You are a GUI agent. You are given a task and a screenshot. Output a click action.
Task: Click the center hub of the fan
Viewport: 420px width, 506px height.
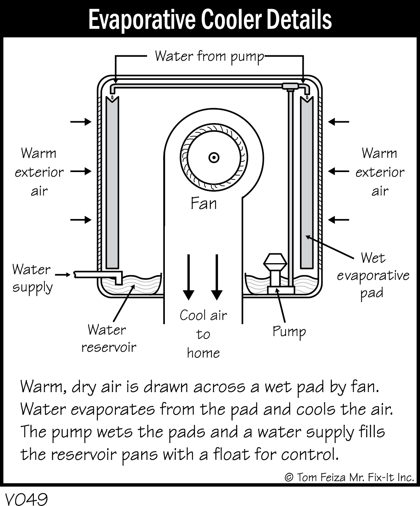pyautogui.click(x=214, y=158)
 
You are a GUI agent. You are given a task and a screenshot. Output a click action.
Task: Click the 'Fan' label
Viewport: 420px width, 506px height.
pyautogui.click(x=204, y=203)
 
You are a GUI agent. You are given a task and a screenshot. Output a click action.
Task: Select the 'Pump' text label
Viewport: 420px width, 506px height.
pyautogui.click(x=289, y=332)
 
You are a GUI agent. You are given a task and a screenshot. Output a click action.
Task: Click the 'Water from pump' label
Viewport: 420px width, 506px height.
pyautogui.click(x=209, y=56)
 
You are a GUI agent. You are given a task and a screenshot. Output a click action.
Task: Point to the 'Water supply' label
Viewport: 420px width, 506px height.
pyautogui.click(x=32, y=278)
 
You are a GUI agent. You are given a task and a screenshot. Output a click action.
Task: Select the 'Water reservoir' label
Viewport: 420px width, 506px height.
pyautogui.click(x=108, y=338)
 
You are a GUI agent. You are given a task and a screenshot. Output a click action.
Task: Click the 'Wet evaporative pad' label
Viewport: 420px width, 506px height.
pyautogui.click(x=373, y=275)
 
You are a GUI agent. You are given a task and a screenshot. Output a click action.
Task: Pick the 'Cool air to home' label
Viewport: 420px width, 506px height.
pyautogui.click(x=203, y=334)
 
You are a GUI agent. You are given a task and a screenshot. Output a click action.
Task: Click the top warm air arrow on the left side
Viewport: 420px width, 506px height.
pyautogui.click(x=81, y=122)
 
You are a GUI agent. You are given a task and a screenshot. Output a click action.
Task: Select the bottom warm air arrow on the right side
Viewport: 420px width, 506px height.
pyautogui.click(x=339, y=219)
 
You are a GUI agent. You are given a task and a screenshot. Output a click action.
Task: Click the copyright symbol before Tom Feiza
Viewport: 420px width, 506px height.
pyautogui.click(x=289, y=477)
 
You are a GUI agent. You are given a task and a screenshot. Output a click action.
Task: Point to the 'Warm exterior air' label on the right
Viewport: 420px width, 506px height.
pyautogui.click(x=379, y=172)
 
